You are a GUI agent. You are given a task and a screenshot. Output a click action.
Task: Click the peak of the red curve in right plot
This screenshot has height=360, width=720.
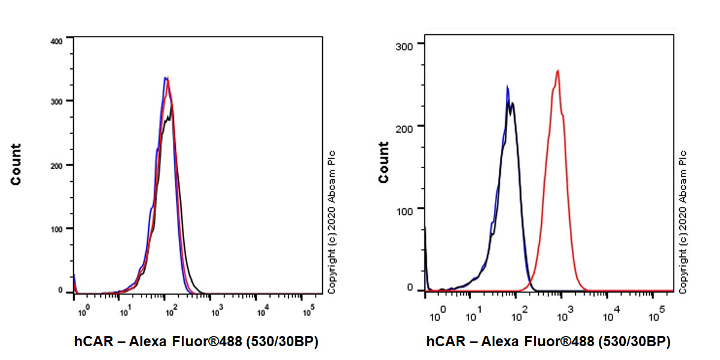[558, 71]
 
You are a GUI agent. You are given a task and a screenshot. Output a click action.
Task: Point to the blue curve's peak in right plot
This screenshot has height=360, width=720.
[508, 86]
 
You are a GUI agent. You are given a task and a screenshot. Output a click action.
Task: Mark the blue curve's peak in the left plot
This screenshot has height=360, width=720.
[166, 77]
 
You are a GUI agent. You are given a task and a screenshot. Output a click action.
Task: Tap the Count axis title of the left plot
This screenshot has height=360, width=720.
[16, 164]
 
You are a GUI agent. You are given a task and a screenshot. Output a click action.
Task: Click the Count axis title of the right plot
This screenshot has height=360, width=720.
[383, 162]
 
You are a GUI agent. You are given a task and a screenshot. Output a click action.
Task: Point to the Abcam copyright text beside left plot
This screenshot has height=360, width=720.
[332, 222]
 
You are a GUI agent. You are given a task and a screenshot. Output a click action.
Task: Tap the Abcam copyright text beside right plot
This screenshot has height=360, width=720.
[682, 222]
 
